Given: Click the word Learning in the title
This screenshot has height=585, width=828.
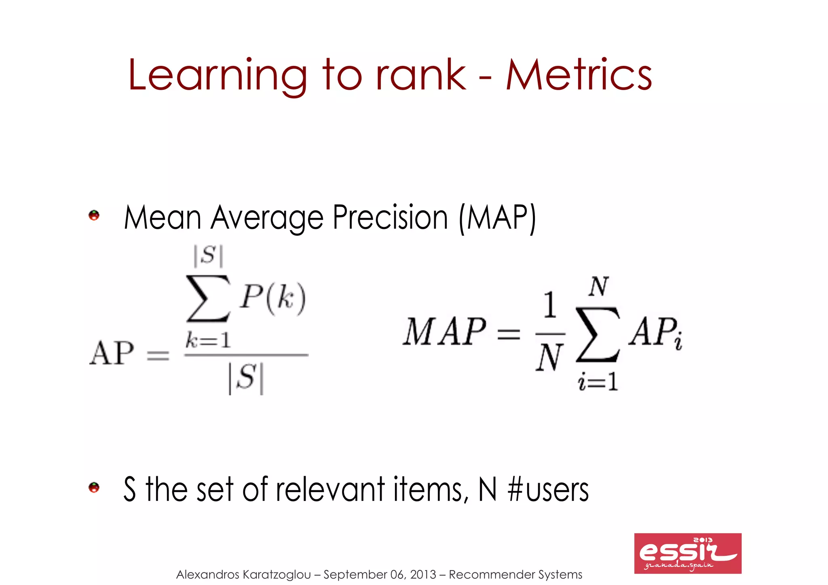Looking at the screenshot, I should (218, 76).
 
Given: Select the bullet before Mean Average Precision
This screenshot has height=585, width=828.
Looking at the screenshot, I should (94, 215).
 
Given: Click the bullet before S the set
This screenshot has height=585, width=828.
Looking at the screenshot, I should (94, 488).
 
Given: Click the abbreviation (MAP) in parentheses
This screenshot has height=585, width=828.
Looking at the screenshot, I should (498, 218).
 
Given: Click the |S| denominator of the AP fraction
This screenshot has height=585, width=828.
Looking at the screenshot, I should (246, 378).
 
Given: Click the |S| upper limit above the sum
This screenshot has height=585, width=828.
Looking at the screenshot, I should (208, 256).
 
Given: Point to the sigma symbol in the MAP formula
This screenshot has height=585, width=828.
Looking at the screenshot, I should (597, 334).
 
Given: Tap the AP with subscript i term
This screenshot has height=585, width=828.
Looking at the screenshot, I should (655, 332).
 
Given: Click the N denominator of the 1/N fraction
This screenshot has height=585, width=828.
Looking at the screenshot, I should (549, 358).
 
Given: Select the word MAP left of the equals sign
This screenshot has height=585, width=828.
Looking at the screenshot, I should (444, 332).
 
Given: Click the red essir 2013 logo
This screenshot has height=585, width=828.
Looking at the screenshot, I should (687, 553).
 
